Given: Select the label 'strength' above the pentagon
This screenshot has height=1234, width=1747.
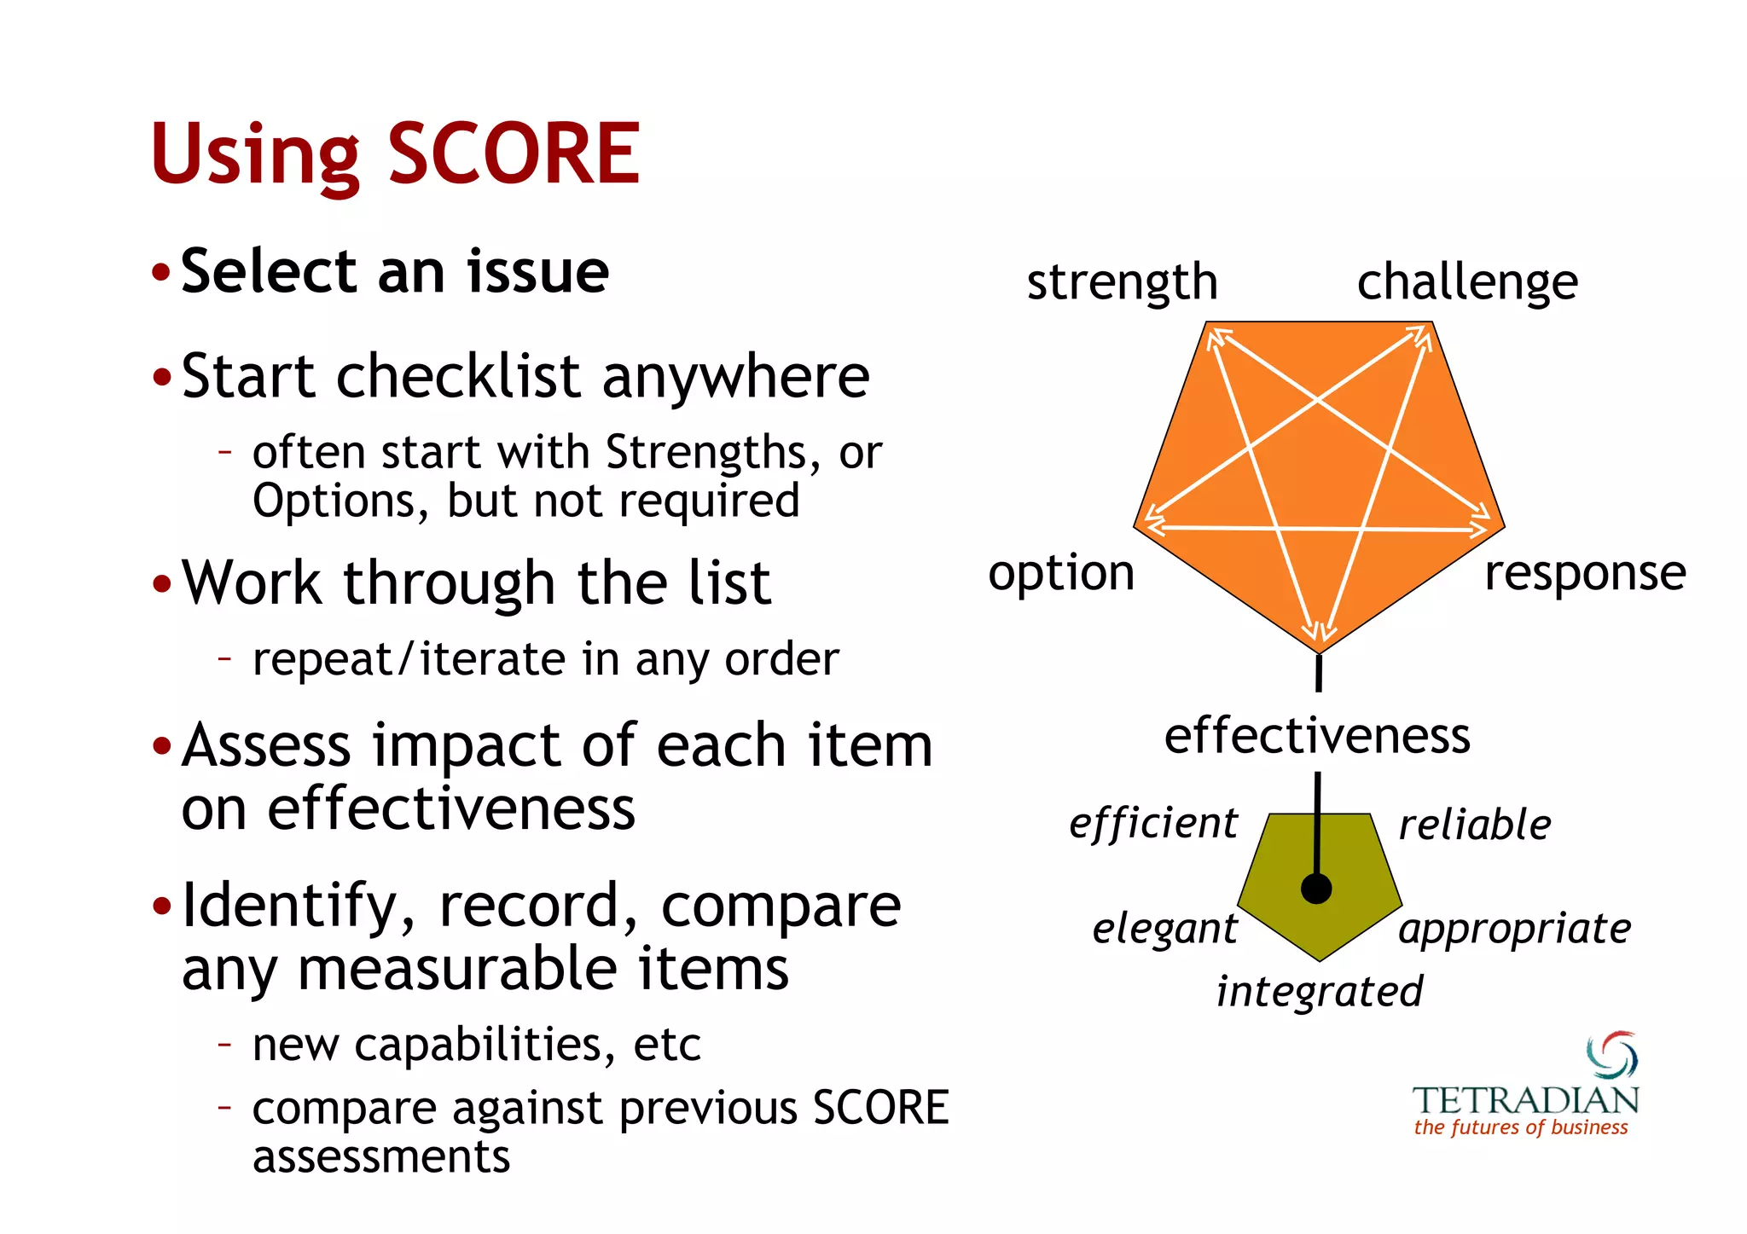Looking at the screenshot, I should tap(1122, 282).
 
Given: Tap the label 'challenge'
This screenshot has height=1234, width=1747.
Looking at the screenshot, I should tap(1467, 282).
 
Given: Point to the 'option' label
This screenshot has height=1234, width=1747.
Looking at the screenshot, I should tap(1061, 573).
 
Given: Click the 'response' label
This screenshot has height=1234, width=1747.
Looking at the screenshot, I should tap(1585, 573).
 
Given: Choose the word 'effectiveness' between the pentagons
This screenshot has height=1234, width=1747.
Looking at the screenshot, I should tap(1317, 735).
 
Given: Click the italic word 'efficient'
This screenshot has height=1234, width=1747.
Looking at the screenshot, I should tap(1152, 824).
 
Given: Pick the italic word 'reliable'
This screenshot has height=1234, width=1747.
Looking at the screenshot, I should tap(1475, 825).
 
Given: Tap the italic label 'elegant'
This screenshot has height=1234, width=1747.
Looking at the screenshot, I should tap(1164, 928).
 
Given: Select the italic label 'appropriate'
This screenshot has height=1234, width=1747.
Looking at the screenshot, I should tap(1514, 929).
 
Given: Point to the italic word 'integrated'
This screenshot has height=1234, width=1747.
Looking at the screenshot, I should tap(1320, 992).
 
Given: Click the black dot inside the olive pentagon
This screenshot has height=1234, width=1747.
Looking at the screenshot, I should tap(1316, 889).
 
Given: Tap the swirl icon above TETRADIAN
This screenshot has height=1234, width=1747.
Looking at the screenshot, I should tap(1611, 1056).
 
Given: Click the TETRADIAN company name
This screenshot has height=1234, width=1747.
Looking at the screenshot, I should tap(1525, 1100).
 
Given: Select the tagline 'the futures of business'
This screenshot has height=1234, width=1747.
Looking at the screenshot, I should tap(1521, 1127).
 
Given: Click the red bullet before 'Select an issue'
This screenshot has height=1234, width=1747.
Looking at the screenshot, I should tap(161, 274).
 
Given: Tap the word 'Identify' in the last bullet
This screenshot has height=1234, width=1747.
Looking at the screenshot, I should tap(290, 906).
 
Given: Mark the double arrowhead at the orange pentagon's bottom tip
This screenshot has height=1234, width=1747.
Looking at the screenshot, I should tap(1319, 633).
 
